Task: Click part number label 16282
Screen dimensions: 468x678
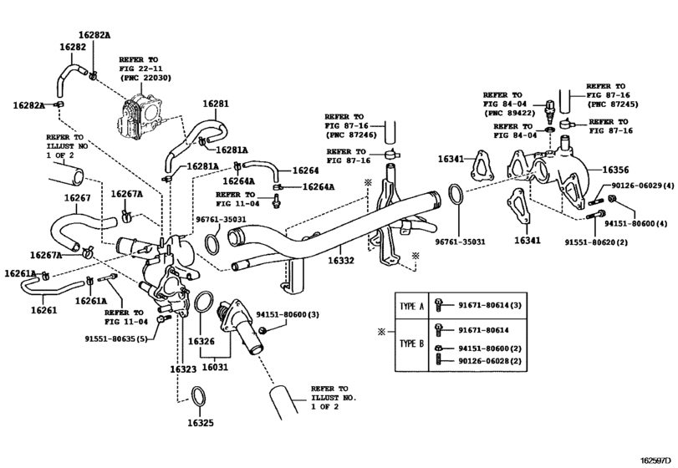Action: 72,48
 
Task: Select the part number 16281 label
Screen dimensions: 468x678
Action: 215,104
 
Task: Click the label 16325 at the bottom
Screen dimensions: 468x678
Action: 201,422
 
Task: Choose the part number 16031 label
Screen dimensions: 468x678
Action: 214,365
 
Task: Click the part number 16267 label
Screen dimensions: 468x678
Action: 77,198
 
